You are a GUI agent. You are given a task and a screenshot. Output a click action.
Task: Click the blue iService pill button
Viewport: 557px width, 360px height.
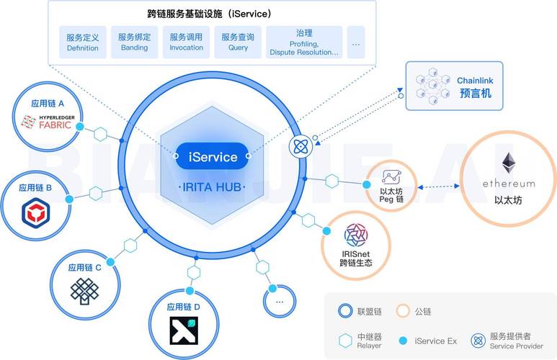pyautogui.click(x=212, y=156)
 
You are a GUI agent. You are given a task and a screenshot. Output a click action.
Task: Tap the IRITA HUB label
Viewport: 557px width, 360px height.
pyautogui.click(x=212, y=187)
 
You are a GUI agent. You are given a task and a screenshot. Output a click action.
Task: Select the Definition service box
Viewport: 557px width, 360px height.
pyautogui.click(x=83, y=42)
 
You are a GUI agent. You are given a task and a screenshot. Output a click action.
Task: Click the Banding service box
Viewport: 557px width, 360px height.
pyautogui.click(x=134, y=42)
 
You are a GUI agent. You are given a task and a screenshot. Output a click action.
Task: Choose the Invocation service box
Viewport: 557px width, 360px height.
pyautogui.click(x=186, y=42)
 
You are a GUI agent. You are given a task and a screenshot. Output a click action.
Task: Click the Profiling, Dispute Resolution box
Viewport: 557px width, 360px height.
pyautogui.click(x=303, y=42)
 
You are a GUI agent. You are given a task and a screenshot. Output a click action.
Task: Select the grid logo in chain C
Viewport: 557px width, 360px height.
pyautogui.click(x=84, y=289)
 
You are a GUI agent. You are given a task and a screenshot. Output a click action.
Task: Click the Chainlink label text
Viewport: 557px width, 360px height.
pyautogui.click(x=475, y=81)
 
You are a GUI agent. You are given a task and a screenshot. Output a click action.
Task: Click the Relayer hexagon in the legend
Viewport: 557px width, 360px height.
pyautogui.click(x=345, y=340)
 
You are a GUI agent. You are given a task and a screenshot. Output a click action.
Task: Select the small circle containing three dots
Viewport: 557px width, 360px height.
pyautogui.click(x=280, y=300)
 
